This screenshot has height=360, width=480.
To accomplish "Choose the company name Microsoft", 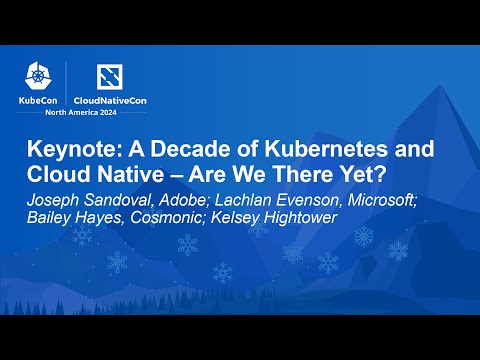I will click(x=380, y=198).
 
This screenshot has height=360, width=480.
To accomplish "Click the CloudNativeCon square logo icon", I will click(x=108, y=74).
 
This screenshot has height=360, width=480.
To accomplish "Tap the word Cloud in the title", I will click(x=55, y=174).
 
